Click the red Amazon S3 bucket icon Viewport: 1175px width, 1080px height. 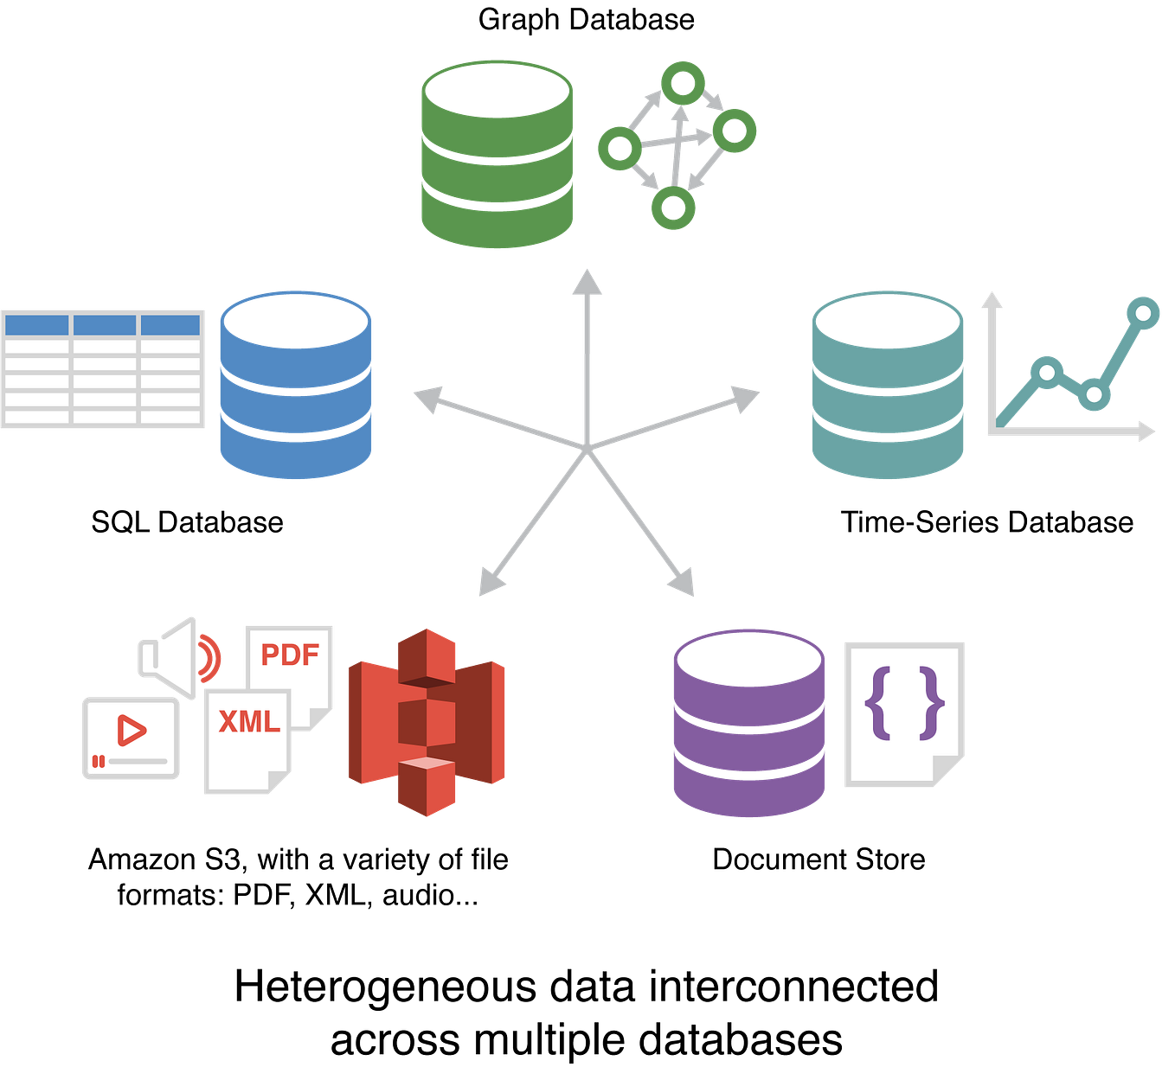click(426, 722)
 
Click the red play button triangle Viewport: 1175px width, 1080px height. click(132, 731)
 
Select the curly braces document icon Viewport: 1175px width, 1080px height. click(904, 713)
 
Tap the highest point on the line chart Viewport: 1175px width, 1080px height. click(1144, 312)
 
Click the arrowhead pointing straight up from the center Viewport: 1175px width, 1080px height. click(587, 281)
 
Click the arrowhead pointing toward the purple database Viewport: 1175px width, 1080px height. click(683, 585)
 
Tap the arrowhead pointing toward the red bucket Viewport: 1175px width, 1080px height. click(490, 584)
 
